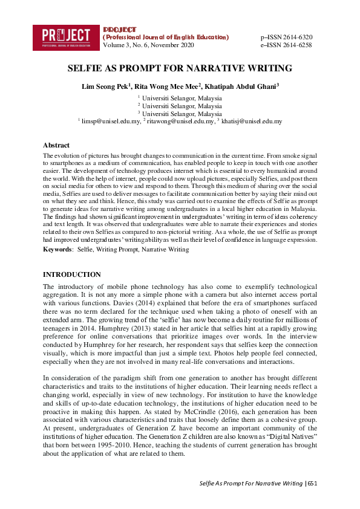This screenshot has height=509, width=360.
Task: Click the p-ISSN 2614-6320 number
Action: tap(286, 37)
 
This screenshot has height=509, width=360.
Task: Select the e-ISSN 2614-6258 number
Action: tap(286, 45)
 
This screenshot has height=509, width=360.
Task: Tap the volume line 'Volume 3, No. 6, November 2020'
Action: tap(149, 45)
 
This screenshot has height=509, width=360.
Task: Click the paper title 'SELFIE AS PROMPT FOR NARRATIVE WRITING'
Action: tap(180, 68)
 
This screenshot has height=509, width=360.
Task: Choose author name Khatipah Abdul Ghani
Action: tap(242, 87)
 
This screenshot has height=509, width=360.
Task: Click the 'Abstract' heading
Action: tap(56, 146)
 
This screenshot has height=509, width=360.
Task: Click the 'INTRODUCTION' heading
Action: tap(72, 274)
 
